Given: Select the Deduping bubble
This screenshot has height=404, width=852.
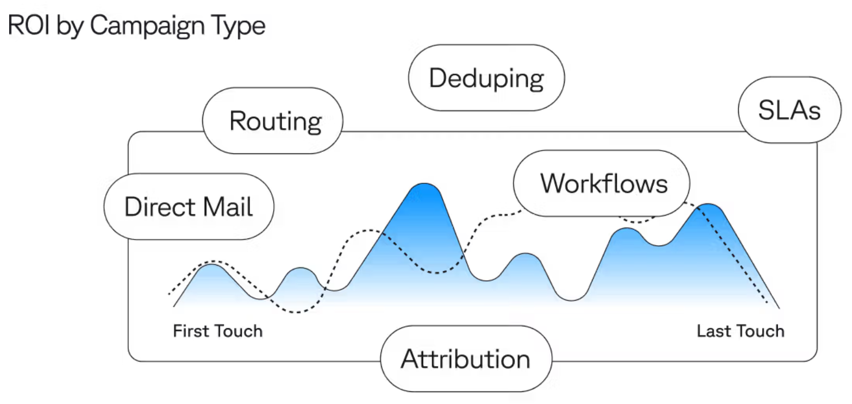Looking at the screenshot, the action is pos(486,78).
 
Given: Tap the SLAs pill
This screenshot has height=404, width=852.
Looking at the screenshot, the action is pos(789,110).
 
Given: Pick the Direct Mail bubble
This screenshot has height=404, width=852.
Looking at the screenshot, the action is pos(189,207).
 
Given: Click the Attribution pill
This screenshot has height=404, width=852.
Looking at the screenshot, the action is pos(466,359).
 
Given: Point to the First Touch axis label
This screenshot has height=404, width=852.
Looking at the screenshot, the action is pos(217,331).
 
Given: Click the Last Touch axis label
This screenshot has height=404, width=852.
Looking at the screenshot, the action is pos(740,331).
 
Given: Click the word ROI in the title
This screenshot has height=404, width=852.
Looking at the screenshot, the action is pos(29,25).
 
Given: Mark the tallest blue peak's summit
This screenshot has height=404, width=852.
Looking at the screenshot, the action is pos(424,184).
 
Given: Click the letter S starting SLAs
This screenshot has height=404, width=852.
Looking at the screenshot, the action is pos(767,110).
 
